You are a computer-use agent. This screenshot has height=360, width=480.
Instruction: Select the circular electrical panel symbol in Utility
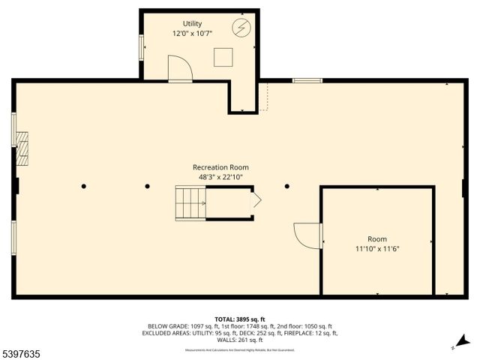(241, 28)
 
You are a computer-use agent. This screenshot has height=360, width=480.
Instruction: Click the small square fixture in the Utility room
(223, 57)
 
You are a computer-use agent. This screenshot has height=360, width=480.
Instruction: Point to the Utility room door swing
(180, 69)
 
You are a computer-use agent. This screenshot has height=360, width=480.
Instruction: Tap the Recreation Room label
(220, 167)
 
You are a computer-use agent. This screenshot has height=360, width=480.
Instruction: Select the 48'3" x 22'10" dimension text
(220, 177)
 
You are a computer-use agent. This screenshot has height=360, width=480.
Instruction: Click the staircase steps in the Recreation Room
(190, 203)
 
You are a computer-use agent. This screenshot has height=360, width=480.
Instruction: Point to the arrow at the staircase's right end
(255, 200)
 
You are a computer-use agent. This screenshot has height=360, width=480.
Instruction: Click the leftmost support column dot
(84, 186)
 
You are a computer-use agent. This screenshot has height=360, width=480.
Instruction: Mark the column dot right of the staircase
(286, 186)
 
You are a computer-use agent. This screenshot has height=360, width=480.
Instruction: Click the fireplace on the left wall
(22, 148)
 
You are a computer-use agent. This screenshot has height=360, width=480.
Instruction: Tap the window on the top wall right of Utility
(307, 80)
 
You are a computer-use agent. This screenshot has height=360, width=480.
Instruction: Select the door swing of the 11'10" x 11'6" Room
(307, 235)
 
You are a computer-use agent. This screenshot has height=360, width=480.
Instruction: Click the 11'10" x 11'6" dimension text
(377, 248)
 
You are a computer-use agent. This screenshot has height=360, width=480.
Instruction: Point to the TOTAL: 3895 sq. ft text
(240, 319)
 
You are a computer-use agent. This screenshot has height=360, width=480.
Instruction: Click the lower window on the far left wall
(13, 237)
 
